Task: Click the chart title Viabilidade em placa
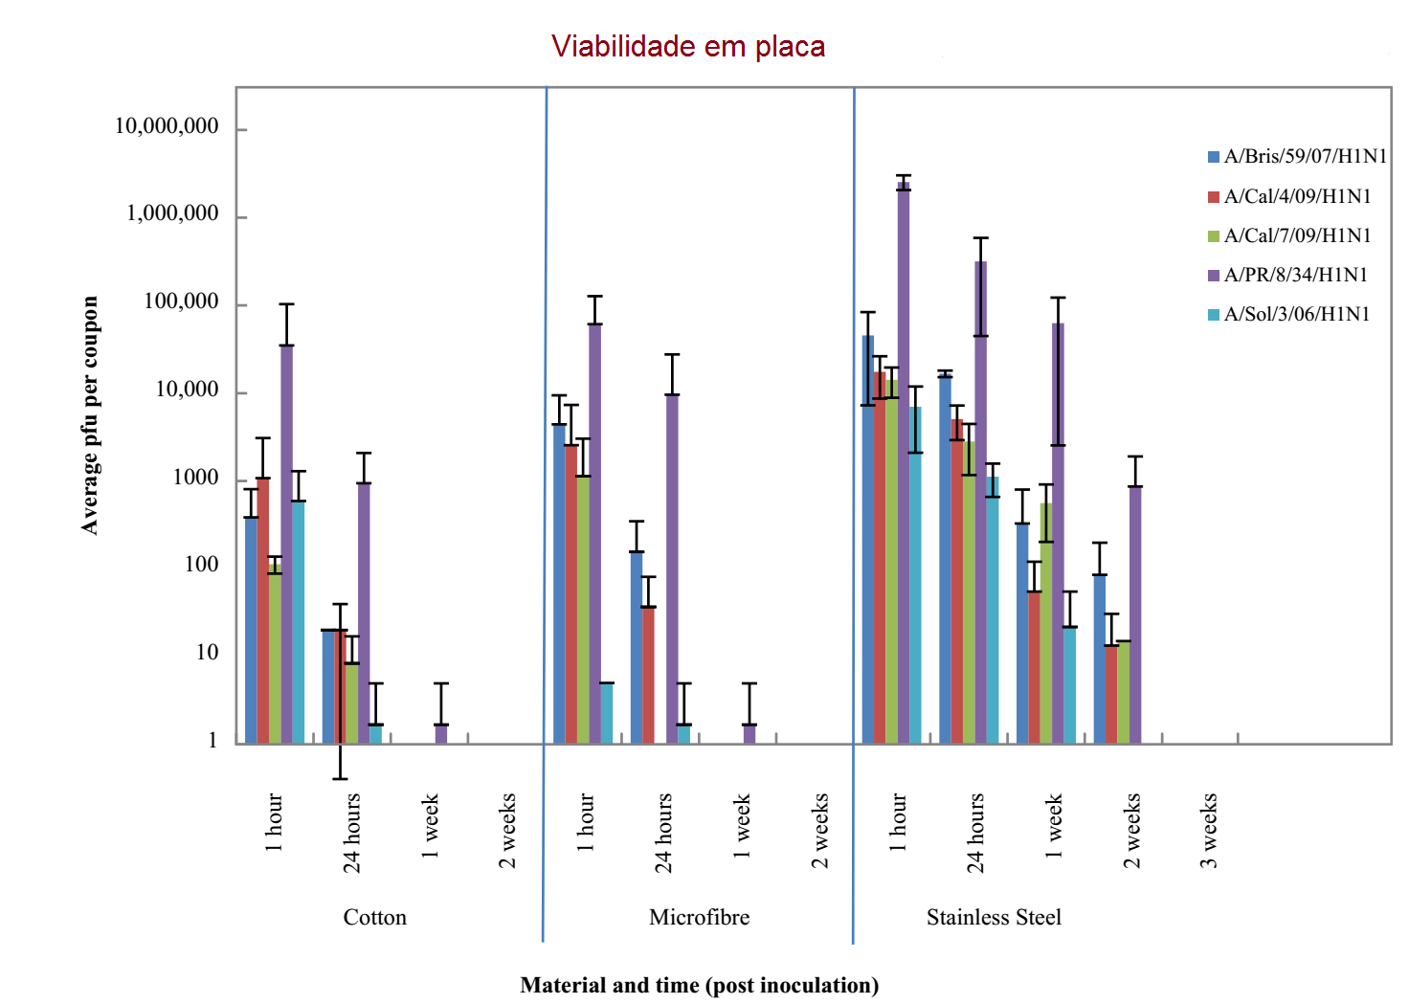[687, 46]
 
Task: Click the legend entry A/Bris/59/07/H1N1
[1305, 156]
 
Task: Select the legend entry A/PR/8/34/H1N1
[1295, 275]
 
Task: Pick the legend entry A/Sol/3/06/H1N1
[1296, 314]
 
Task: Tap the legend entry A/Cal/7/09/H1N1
[1297, 235]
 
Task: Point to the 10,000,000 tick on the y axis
[167, 126]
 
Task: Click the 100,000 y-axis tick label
[181, 302]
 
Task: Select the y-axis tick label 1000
[195, 478]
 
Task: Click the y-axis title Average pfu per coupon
[90, 414]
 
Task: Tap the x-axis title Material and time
[699, 985]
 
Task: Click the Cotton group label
[374, 917]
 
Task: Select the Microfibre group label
[699, 917]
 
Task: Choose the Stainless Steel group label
[994, 917]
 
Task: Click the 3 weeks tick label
[1209, 830]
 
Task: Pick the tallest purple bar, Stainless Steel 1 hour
[904, 459]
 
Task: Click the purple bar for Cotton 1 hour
[287, 546]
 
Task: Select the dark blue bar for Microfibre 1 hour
[559, 584]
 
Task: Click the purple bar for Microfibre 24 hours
[672, 569]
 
